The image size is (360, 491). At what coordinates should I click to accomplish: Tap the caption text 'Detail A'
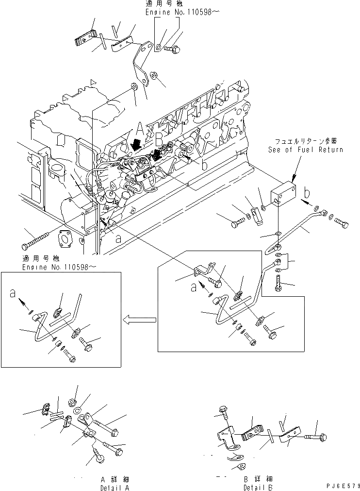pos(115,487)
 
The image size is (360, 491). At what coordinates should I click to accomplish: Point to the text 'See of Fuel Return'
pos(306,150)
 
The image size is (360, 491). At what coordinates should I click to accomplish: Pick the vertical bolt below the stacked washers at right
pos(278,282)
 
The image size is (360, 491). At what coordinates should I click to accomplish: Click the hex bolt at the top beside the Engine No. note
pos(174,48)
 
